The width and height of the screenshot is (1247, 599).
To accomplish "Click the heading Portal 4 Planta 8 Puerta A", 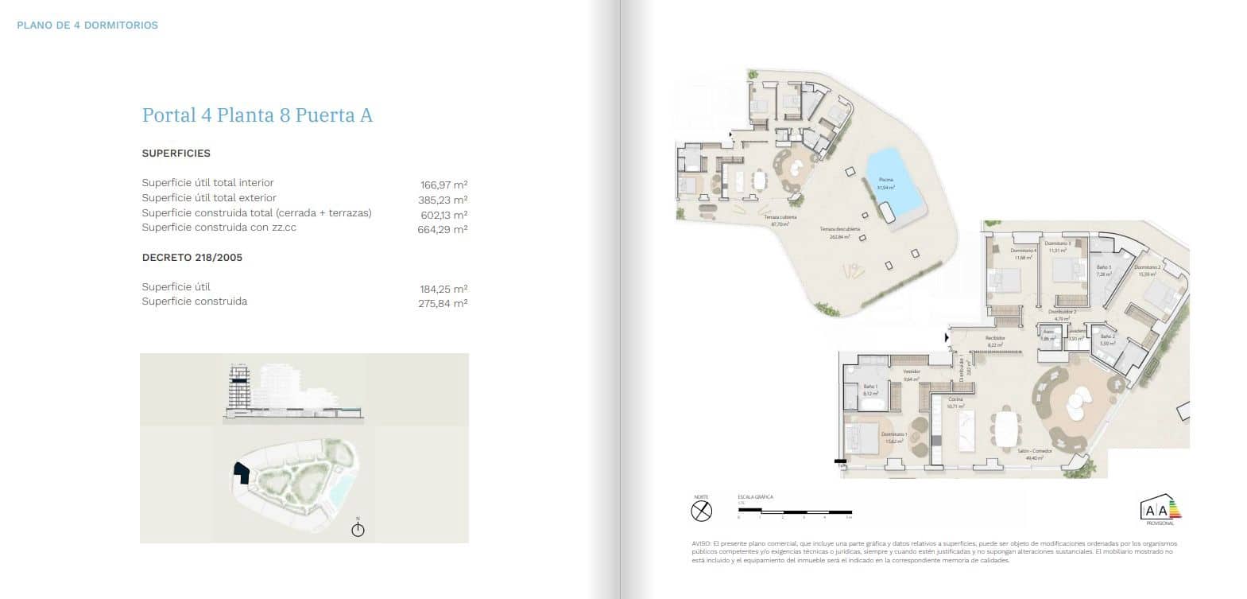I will (x=257, y=115).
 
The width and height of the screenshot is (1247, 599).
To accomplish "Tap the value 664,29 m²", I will (x=442, y=229).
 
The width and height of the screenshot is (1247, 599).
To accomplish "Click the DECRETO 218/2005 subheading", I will (x=192, y=258).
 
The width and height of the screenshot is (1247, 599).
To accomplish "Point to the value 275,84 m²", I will (x=443, y=303).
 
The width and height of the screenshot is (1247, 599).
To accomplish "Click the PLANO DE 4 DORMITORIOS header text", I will (x=87, y=25).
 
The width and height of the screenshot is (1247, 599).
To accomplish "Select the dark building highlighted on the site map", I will (x=240, y=473).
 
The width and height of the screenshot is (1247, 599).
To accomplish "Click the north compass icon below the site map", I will (x=358, y=529).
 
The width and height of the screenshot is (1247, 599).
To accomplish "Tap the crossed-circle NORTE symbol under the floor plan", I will (x=701, y=511).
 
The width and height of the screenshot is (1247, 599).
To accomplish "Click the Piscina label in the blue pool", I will (x=886, y=181).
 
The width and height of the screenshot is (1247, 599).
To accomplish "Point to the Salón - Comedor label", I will (x=1035, y=451).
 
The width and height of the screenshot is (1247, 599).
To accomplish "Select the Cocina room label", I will (x=955, y=399).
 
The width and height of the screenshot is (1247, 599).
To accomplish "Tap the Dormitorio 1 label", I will (x=894, y=434).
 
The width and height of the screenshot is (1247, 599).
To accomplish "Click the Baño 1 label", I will (x=869, y=387).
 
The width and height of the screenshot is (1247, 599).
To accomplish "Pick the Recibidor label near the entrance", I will (x=995, y=338).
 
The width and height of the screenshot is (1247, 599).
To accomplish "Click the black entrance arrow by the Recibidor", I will (x=946, y=338).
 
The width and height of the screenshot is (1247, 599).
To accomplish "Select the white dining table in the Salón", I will (x=1007, y=430).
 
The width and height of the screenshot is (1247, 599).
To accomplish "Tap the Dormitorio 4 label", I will (x=1024, y=251).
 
